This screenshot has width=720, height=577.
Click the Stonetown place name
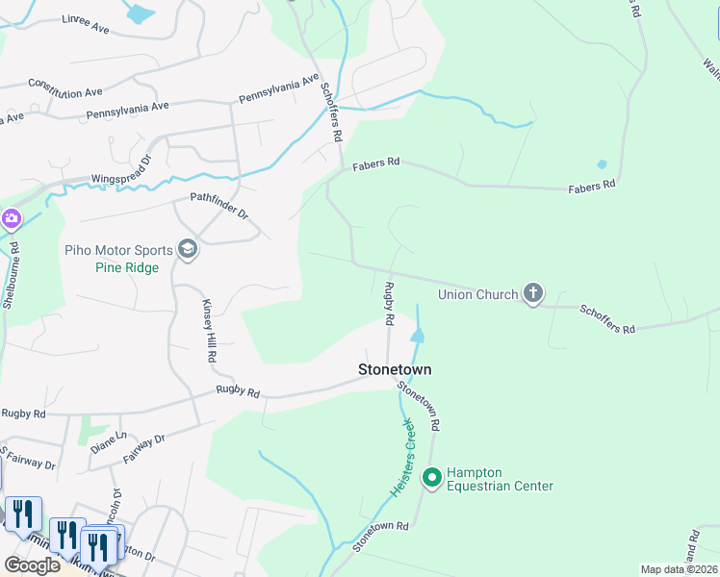click(x=395, y=369)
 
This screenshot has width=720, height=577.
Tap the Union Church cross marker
click(x=533, y=294)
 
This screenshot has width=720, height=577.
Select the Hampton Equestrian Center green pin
click(x=432, y=476)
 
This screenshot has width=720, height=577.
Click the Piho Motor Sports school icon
click(x=187, y=251)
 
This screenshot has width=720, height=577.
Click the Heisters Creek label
click(x=400, y=457)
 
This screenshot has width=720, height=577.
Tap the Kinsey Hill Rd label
click(x=209, y=330)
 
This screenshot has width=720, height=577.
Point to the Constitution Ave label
click(x=65, y=88)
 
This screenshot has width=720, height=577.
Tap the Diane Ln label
click(x=108, y=447)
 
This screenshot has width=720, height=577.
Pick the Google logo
click(x=32, y=564)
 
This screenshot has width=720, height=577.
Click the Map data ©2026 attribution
click(x=680, y=569)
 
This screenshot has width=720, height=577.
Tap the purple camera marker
click(x=12, y=218)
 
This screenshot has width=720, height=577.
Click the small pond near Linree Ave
click(x=141, y=14)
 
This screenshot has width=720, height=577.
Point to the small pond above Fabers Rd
click(x=603, y=164)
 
